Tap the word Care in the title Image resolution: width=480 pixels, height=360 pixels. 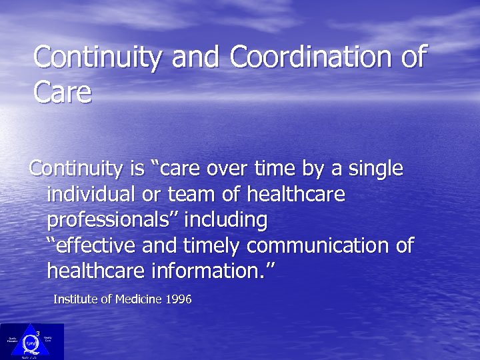(x=62, y=93)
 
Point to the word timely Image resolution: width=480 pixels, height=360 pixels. (x=211, y=245)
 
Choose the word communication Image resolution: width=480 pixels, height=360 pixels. (x=319, y=245)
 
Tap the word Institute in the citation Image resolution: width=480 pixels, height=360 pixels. (x=75, y=300)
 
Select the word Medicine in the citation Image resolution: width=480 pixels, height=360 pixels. (x=138, y=300)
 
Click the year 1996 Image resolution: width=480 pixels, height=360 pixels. (x=178, y=300)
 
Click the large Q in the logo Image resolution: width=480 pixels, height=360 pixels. (x=30, y=343)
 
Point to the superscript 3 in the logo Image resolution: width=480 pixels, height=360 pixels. (x=38, y=333)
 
